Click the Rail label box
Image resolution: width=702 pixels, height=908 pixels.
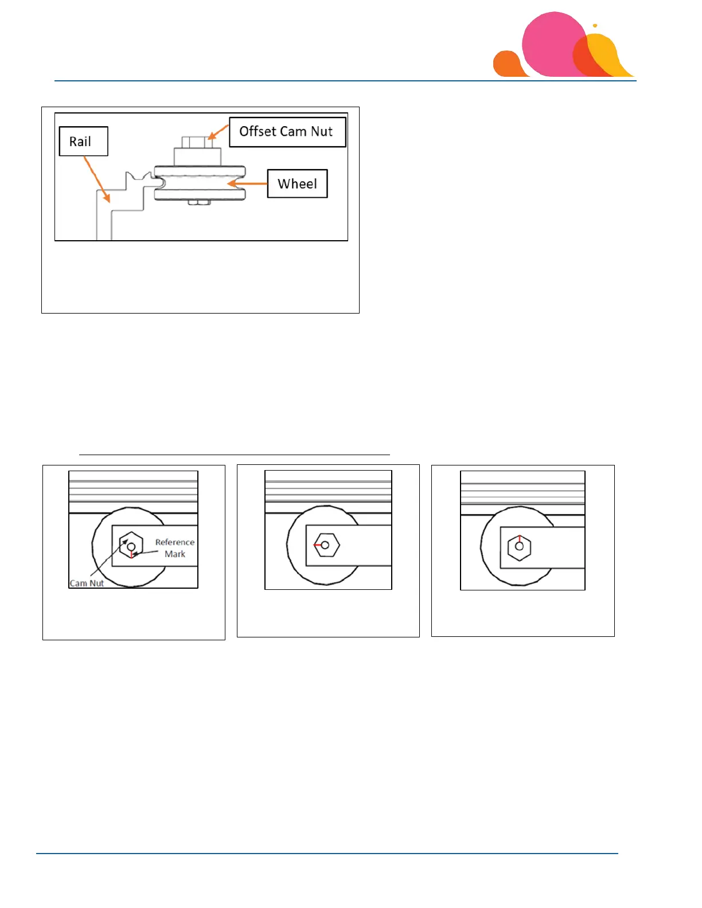(83, 141)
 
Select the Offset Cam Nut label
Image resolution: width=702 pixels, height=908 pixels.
(287, 132)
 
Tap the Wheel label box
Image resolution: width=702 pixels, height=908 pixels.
(297, 183)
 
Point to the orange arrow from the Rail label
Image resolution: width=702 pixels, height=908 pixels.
(96, 178)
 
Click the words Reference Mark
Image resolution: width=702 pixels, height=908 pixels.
(174, 548)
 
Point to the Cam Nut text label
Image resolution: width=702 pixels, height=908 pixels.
(87, 583)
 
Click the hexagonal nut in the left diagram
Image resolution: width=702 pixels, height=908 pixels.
(131, 546)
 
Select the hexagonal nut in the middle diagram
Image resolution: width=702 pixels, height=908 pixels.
(326, 545)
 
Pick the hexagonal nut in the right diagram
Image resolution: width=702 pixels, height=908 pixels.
(519, 546)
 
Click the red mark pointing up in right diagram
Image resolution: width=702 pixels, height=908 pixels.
(519, 539)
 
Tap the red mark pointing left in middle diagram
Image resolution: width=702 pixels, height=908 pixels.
(318, 545)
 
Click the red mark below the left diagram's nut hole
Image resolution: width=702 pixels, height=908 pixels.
(131, 554)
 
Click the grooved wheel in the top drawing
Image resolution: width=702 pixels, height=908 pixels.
(200, 183)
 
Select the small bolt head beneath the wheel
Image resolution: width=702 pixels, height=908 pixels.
(199, 202)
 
